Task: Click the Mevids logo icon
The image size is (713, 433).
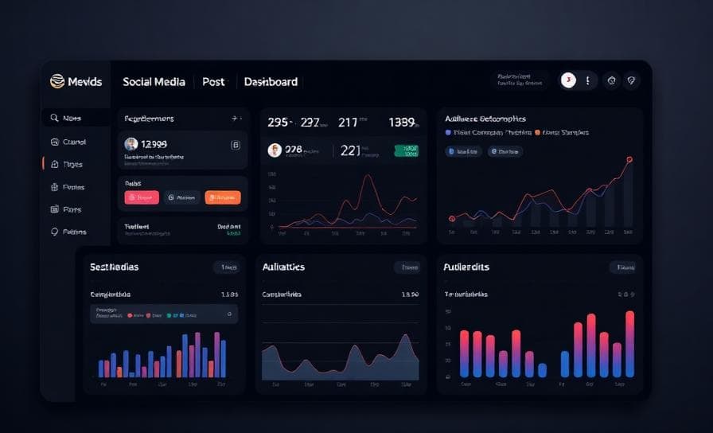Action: click(56, 81)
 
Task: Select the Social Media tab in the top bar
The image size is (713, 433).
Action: click(154, 82)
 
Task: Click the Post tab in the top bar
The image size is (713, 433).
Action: click(213, 82)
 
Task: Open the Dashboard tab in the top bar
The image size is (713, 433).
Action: click(271, 82)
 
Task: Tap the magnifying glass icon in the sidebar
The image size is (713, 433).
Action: click(54, 118)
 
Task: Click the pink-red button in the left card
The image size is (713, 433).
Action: click(142, 197)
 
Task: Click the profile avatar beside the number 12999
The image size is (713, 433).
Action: click(131, 144)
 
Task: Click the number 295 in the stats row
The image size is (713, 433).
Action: click(279, 123)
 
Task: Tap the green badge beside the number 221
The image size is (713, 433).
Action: click(407, 150)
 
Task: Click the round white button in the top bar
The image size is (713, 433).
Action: click(568, 80)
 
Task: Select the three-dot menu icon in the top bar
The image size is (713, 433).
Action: click(587, 80)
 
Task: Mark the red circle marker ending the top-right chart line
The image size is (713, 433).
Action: click(629, 159)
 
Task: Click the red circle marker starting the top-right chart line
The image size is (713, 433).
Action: click(451, 218)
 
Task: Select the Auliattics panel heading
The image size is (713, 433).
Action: click(283, 267)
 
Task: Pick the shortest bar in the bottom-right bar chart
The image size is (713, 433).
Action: click(542, 370)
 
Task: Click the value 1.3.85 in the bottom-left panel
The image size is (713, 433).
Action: click(229, 295)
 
